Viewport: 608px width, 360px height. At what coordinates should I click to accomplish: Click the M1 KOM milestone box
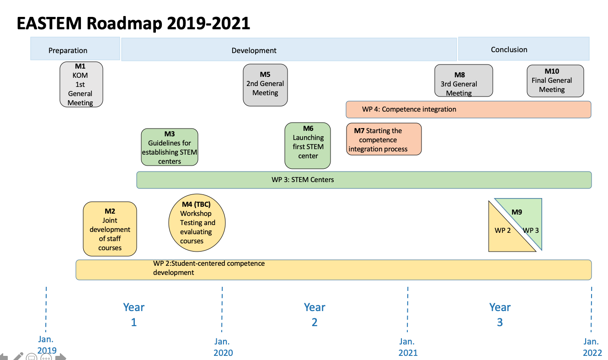pyautogui.click(x=81, y=84)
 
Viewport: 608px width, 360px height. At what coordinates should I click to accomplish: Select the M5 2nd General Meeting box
pyautogui.click(x=265, y=85)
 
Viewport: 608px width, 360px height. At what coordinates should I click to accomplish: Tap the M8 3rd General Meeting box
pyautogui.click(x=464, y=81)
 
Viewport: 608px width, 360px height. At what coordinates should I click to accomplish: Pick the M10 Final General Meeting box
pyautogui.click(x=555, y=81)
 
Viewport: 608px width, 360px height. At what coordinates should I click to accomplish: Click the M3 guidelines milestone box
pyautogui.click(x=169, y=147)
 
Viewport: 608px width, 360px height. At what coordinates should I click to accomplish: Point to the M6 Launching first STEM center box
pyautogui.click(x=308, y=145)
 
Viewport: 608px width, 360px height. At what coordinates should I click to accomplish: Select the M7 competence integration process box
pyautogui.click(x=384, y=139)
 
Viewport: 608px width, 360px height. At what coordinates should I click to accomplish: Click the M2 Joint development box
pyautogui.click(x=110, y=229)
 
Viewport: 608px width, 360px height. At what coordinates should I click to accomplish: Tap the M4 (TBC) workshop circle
pyautogui.click(x=197, y=222)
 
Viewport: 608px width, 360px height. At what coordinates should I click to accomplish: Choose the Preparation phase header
pyautogui.click(x=75, y=48)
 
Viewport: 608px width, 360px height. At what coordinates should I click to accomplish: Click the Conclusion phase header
pyautogui.click(x=524, y=48)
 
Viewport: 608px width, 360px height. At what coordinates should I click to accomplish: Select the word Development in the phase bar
pyautogui.click(x=254, y=50)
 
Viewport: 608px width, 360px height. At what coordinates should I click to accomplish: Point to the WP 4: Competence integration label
pyautogui.click(x=409, y=109)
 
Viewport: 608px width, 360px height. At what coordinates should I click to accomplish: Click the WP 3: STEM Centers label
pyautogui.click(x=303, y=180)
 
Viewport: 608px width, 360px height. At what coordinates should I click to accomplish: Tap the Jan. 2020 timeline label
pyautogui.click(x=223, y=347)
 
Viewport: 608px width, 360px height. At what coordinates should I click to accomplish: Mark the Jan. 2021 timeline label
pyautogui.click(x=408, y=347)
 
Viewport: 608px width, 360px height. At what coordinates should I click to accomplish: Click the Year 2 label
pyautogui.click(x=315, y=315)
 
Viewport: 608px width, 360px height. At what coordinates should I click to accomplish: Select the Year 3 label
pyautogui.click(x=500, y=315)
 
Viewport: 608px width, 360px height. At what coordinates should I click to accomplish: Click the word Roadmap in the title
pyautogui.click(x=124, y=23)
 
